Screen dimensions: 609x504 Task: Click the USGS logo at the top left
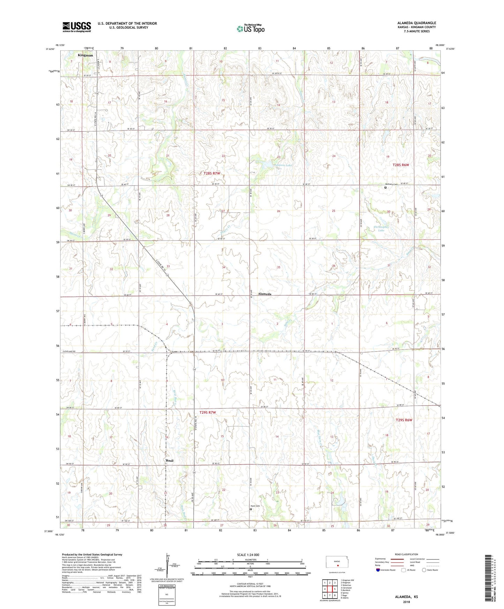pyautogui.click(x=77, y=27)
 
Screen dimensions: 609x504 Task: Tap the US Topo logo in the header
pyautogui.click(x=250, y=29)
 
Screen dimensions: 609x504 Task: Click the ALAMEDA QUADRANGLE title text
pyautogui.click(x=416, y=23)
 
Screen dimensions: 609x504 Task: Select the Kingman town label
pyautogui.click(x=85, y=55)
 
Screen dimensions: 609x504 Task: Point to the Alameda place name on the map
pyautogui.click(x=264, y=294)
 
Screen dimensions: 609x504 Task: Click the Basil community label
pyautogui.click(x=170, y=460)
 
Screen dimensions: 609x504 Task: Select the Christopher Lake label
pyautogui.click(x=381, y=228)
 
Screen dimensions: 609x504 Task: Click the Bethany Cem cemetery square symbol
pyautogui.click(x=385, y=188)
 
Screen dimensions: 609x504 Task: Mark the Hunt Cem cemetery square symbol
pyautogui.click(x=251, y=509)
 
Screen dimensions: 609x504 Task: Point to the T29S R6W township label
pyautogui.click(x=404, y=420)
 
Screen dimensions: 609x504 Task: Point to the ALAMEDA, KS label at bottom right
pyautogui.click(x=406, y=597)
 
